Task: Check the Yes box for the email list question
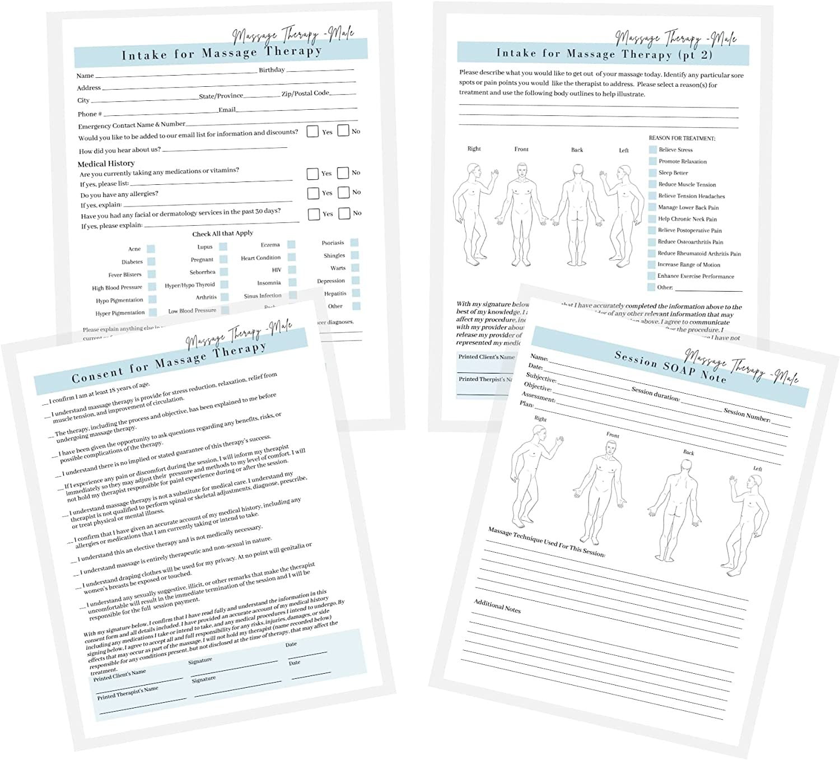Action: pos(312,132)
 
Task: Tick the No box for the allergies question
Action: pos(343,192)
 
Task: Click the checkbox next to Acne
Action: pos(151,249)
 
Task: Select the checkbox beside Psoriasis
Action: pos(354,243)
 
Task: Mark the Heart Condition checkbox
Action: pos(291,257)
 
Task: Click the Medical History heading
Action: pos(106,164)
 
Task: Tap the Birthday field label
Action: pos(272,70)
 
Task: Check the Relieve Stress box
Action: pos(652,150)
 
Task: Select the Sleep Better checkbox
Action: pos(652,172)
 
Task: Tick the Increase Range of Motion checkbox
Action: pos(652,264)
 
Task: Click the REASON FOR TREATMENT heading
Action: pos(682,138)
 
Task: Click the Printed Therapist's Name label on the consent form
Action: pos(128,692)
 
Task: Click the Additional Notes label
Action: pos(497,606)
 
